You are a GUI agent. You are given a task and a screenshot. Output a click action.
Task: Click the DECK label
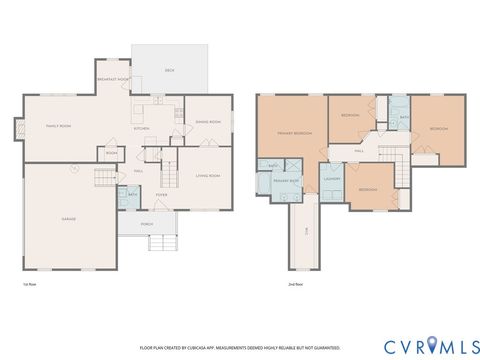[x=169, y=71]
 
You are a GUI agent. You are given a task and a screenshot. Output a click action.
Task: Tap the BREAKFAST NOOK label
[x=115, y=79]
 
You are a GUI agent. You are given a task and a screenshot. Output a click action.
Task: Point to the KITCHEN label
[x=142, y=128]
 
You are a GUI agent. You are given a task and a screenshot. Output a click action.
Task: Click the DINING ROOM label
[x=207, y=121]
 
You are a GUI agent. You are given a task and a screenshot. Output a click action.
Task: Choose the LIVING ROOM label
[x=207, y=175]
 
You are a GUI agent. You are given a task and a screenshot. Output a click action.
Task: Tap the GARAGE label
[x=69, y=218]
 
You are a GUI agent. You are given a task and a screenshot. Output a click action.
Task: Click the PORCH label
[x=147, y=224]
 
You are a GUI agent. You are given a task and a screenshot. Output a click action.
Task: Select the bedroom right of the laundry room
[x=367, y=189]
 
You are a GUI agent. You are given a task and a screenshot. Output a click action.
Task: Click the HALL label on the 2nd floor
[x=359, y=151]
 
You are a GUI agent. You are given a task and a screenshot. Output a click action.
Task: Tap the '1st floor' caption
[x=31, y=283]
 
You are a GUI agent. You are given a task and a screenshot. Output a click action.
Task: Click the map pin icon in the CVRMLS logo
[x=432, y=345]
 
